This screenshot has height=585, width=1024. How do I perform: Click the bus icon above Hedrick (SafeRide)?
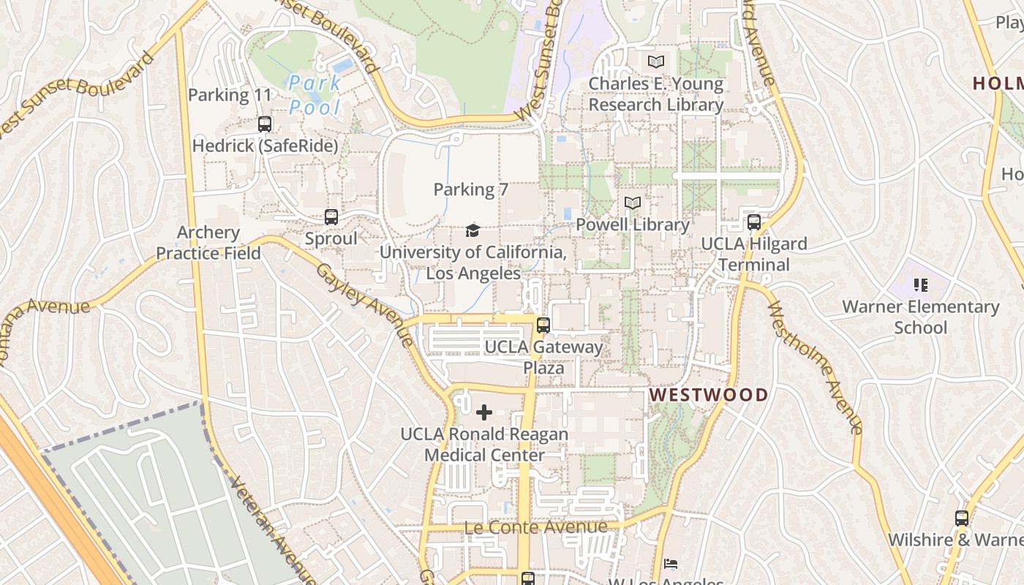(265, 124)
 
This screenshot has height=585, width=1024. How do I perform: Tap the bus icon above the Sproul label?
(331, 217)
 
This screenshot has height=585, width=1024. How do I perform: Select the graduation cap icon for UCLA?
(473, 231)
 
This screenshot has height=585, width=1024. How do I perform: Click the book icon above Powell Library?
(633, 203)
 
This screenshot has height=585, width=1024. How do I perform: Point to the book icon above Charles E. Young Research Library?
(656, 62)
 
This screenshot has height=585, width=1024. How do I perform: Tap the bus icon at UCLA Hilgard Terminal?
(754, 222)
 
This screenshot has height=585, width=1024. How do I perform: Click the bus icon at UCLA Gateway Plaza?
(543, 325)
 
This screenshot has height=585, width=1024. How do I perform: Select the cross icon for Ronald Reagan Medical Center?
(484, 412)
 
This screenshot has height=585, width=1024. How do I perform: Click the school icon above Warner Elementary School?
(921, 285)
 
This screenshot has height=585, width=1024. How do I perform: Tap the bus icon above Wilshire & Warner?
(962, 518)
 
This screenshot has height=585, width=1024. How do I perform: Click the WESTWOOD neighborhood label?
(709, 396)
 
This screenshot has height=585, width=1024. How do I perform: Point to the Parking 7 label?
(470, 189)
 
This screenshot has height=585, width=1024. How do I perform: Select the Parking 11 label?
(230, 95)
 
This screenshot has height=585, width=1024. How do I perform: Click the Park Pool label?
(315, 95)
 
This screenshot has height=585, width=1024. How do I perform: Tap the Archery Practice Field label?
(208, 243)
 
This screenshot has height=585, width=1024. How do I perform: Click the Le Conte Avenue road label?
(535, 527)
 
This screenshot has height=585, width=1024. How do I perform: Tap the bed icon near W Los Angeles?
(671, 564)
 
